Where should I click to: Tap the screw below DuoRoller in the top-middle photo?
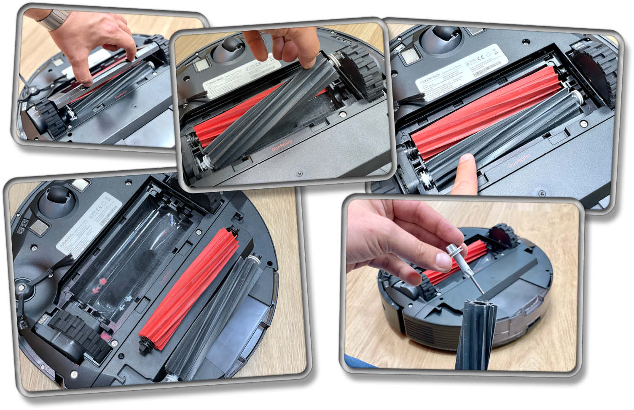[299, 173]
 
